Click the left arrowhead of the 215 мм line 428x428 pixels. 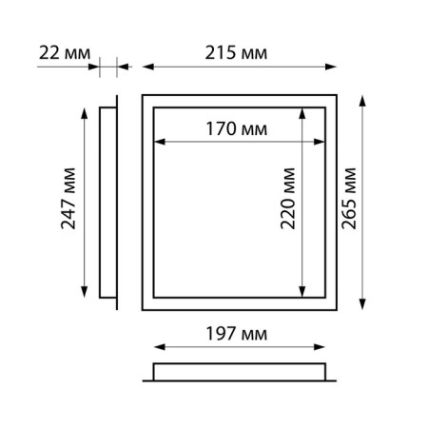146,68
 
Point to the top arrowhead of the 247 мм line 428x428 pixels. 87,109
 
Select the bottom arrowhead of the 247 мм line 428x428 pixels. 87,294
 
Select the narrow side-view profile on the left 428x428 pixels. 107,202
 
